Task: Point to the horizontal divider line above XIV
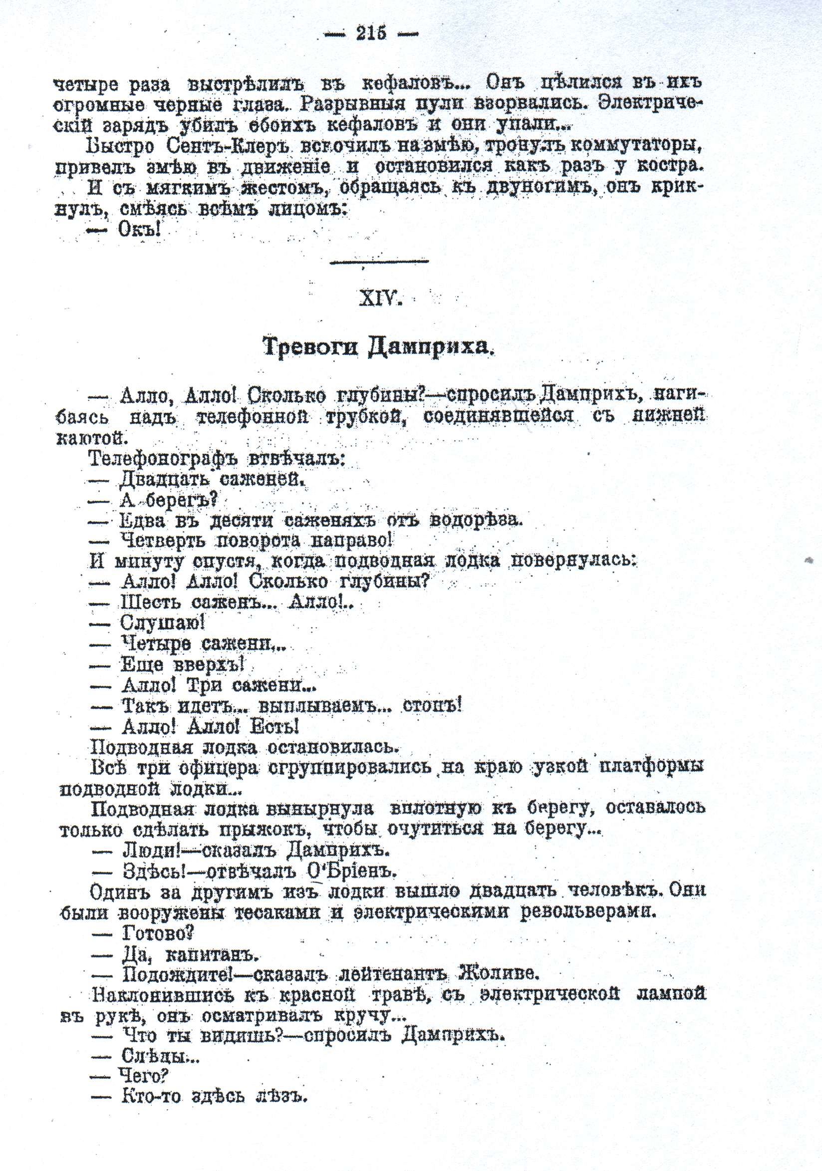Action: click(379, 262)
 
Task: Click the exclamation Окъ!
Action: click(139, 230)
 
